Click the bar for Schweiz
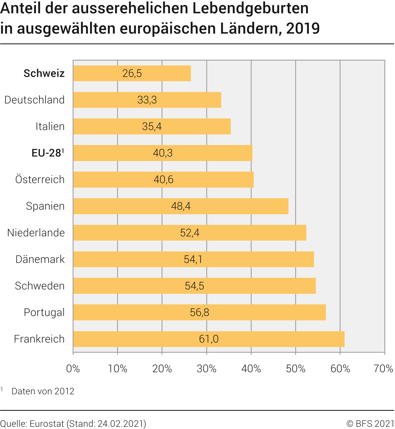132,73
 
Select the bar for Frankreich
209,339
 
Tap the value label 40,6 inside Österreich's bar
163,179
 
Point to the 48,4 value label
181,206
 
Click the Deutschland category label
34,100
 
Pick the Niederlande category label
36,233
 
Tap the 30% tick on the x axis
207,368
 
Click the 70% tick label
383,368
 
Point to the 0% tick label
73,368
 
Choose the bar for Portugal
199,312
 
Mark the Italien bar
152,126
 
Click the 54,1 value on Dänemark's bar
193,259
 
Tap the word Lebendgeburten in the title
251,8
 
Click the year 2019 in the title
303,28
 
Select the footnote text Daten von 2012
43,391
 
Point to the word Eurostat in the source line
47,424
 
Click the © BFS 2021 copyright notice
370,424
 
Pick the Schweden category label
40,286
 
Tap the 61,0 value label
209,339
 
